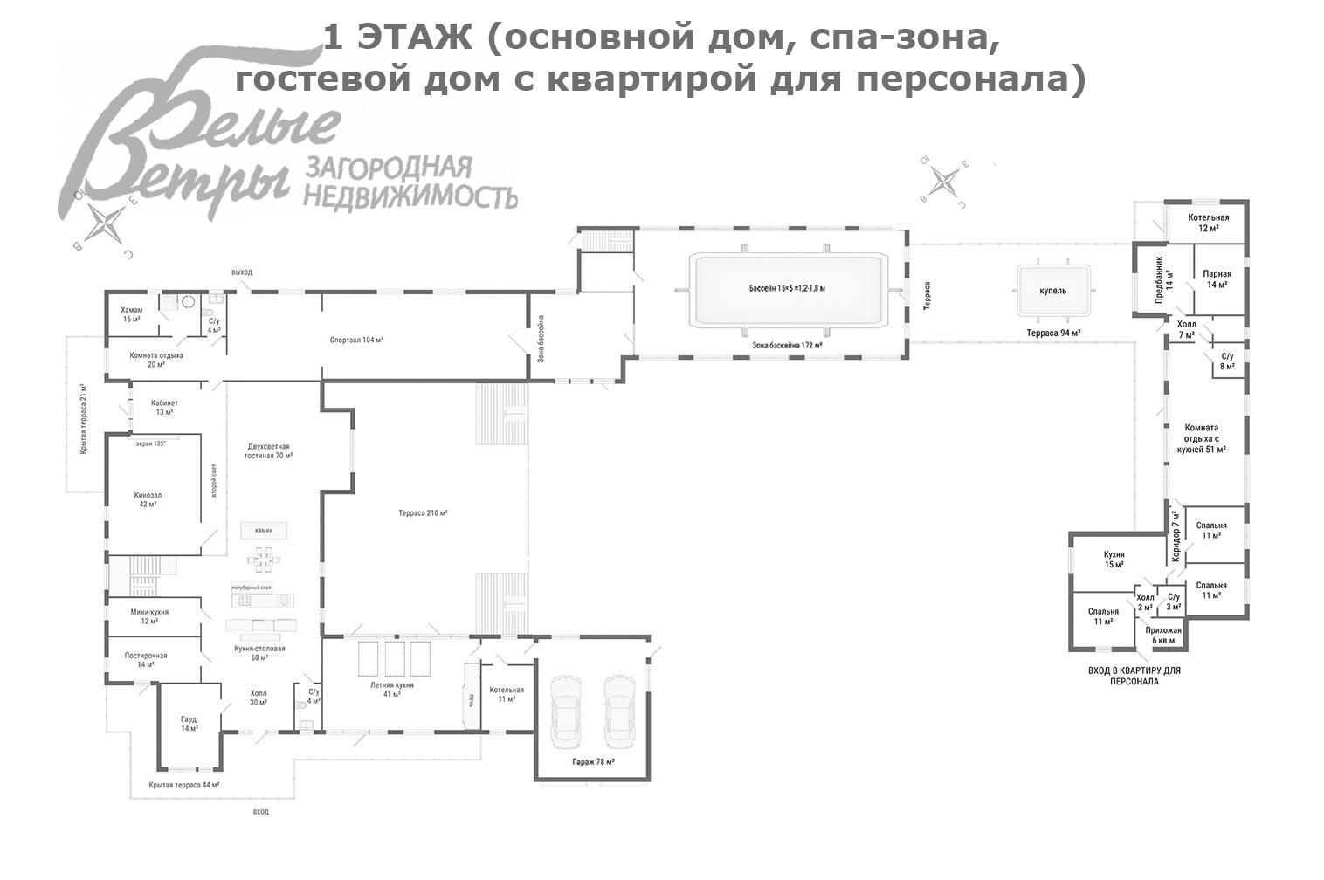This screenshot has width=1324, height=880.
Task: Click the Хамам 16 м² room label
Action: [131, 314]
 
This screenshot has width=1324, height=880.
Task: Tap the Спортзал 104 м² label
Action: [356, 340]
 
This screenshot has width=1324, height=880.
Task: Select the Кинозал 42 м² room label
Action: [147, 499]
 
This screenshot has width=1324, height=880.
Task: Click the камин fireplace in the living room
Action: [264, 530]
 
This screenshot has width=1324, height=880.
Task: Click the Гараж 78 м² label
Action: [593, 762]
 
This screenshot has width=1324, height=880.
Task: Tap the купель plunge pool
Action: [1052, 292]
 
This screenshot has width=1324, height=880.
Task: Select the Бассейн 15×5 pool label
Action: [787, 288]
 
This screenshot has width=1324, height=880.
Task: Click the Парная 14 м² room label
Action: [1217, 279]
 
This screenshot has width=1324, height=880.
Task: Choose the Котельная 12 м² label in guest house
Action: [1208, 223]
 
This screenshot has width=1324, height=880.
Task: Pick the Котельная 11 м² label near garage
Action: [507, 694]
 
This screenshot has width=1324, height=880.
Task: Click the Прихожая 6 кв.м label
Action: [1162, 635]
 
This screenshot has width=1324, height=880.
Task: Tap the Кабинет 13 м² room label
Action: [164, 407]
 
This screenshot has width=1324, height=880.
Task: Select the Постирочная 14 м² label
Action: [146, 660]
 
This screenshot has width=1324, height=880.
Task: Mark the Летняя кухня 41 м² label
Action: [391, 690]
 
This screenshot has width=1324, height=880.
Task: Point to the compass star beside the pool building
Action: [945, 182]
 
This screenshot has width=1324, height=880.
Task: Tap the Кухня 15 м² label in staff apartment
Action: [1114, 560]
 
